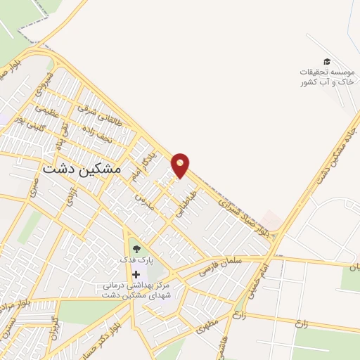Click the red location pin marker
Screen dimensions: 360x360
point(181,164)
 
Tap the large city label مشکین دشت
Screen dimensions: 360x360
point(82,169)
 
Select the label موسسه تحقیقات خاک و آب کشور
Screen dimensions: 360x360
point(327,77)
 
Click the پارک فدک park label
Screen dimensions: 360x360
point(136,260)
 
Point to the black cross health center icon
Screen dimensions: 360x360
point(136,274)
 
